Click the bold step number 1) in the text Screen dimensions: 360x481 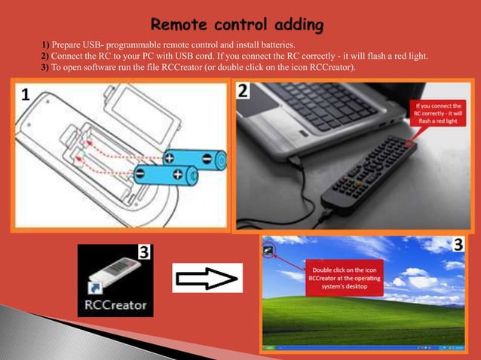(46, 46)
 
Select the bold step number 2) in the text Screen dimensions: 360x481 (46, 57)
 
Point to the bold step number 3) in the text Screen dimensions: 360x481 (46, 69)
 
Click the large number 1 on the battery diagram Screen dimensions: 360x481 (26, 96)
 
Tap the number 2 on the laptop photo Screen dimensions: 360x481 (243, 91)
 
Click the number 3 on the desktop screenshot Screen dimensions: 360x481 (458, 245)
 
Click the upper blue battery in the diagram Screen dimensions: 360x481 (195, 160)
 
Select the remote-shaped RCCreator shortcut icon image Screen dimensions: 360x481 (113, 275)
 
